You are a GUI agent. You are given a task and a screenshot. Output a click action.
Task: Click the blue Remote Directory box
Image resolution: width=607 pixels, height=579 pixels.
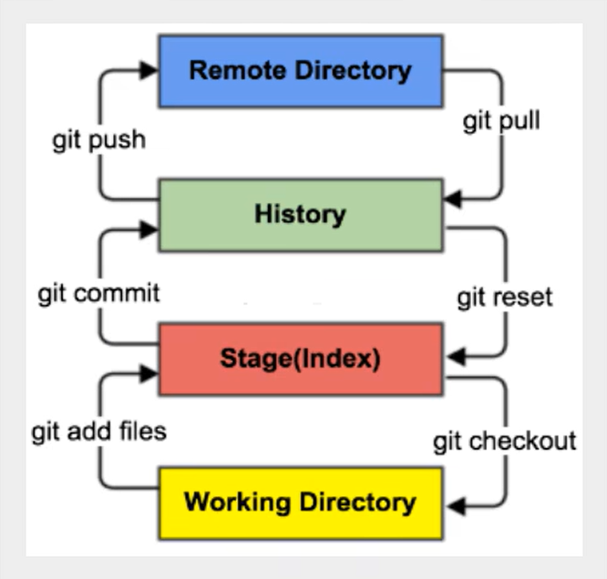click(x=300, y=70)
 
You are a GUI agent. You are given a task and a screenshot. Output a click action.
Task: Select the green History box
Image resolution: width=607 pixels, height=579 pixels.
click(x=300, y=215)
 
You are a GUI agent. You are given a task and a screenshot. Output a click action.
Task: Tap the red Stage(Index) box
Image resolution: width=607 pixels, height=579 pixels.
click(x=300, y=359)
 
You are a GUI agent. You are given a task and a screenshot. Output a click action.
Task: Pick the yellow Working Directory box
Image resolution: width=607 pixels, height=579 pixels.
click(x=300, y=502)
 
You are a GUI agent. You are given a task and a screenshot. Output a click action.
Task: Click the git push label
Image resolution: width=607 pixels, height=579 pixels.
click(x=98, y=141)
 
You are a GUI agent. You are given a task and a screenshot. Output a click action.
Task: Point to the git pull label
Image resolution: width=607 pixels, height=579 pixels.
click(x=501, y=121)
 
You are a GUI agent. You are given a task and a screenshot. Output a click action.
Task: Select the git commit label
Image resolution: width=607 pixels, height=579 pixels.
click(x=98, y=293)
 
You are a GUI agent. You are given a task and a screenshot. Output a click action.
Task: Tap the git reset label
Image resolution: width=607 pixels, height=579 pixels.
click(x=505, y=297)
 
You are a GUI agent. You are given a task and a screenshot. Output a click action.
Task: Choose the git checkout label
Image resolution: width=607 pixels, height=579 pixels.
click(x=504, y=442)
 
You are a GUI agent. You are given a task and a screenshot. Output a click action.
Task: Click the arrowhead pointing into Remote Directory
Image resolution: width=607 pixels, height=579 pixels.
click(x=149, y=66)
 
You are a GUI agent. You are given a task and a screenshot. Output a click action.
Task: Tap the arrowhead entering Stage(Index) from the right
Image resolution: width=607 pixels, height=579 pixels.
click(x=453, y=358)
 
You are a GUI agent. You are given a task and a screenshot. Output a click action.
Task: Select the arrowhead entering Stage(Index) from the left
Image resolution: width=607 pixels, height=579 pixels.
click(x=149, y=371)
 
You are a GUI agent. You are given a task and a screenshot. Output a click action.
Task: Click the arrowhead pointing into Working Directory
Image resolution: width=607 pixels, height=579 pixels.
click(x=453, y=503)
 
